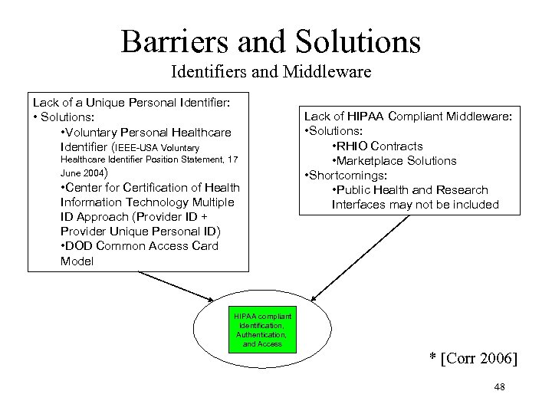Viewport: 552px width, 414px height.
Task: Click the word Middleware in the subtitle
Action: tap(330, 74)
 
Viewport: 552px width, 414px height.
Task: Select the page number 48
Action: tap(500, 388)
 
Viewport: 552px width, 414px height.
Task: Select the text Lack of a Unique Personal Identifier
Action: tap(130, 101)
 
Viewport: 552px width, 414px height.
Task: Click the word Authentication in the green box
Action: tap(261, 335)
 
